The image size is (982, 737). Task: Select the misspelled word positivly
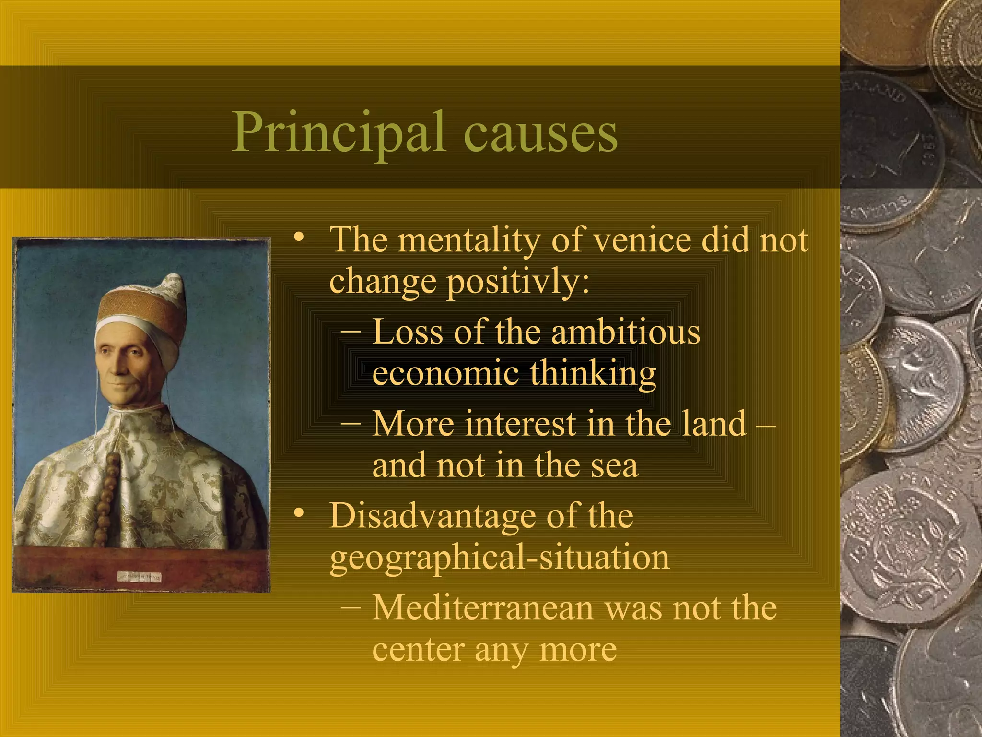[x=518, y=282]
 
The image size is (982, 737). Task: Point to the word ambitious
[x=625, y=332]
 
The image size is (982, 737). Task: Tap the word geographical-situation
[x=499, y=558]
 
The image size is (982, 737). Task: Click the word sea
[x=614, y=465]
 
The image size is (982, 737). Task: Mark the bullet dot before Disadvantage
[x=299, y=513]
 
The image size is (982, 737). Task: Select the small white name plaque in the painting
[x=140, y=577]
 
